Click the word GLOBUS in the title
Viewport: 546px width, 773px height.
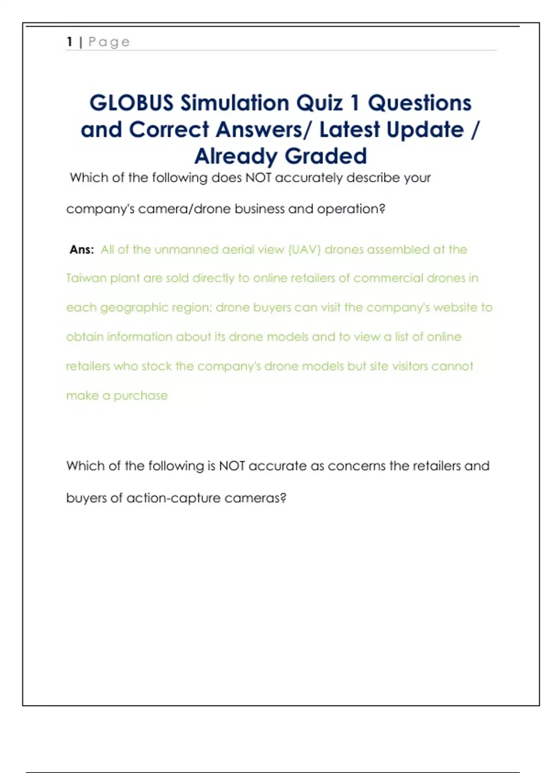click(131, 103)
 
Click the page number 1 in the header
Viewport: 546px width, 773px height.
click(70, 42)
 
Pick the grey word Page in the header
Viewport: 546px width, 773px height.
click(109, 42)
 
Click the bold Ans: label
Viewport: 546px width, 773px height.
click(82, 250)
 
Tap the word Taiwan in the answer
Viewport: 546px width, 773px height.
click(86, 278)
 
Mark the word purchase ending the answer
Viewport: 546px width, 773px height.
click(140, 396)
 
